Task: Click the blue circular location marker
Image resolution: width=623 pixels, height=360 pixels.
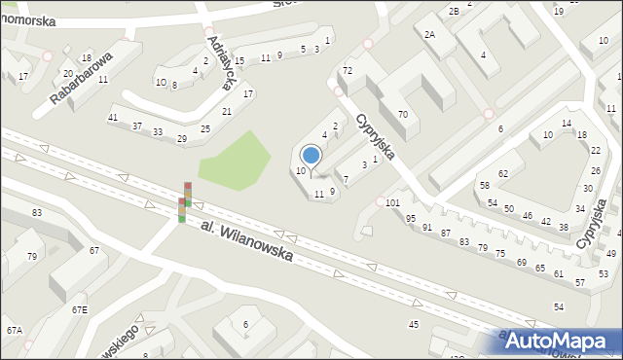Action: [311, 155]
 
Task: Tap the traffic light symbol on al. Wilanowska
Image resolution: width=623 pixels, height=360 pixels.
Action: [184, 202]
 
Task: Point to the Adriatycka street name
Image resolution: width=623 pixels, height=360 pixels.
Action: [220, 63]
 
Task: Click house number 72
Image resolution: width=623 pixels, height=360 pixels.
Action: [347, 71]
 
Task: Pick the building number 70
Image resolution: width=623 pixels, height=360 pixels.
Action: [402, 115]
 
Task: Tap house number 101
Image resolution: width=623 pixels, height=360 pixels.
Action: [392, 203]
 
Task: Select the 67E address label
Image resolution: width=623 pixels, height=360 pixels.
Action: [79, 309]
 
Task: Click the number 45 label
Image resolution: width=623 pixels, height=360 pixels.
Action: [414, 323]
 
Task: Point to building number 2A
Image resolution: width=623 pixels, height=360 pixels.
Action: [429, 34]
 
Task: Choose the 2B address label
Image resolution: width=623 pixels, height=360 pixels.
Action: [454, 11]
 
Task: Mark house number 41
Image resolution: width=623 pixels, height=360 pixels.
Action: [113, 117]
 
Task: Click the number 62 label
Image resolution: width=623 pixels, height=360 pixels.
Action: [503, 173]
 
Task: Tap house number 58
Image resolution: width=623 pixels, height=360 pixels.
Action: [484, 185]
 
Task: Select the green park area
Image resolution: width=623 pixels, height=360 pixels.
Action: [234, 158]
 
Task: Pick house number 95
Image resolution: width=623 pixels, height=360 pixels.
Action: [411, 218]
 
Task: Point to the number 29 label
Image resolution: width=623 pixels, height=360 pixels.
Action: [181, 139]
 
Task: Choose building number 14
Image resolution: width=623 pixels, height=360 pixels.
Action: [567, 123]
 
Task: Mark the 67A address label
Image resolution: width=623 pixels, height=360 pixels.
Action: [14, 331]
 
